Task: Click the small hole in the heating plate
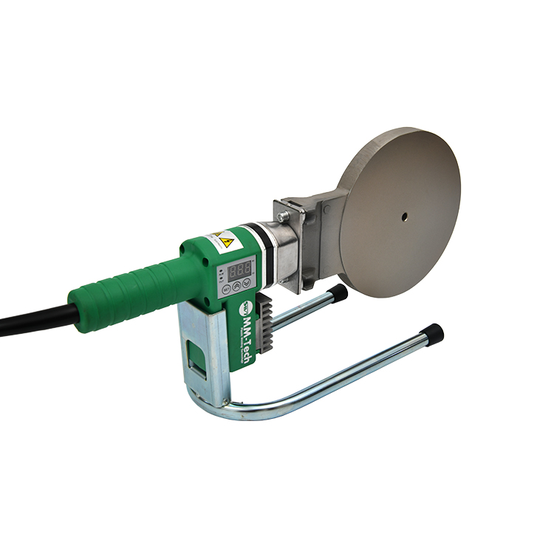pyautogui.click(x=404, y=216)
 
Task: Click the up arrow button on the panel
pyautogui.click(x=237, y=284)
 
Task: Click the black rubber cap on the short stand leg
pyautogui.click(x=339, y=293)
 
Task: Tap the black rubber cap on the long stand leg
pyautogui.click(x=433, y=332)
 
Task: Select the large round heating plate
pyautogui.click(x=399, y=211)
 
